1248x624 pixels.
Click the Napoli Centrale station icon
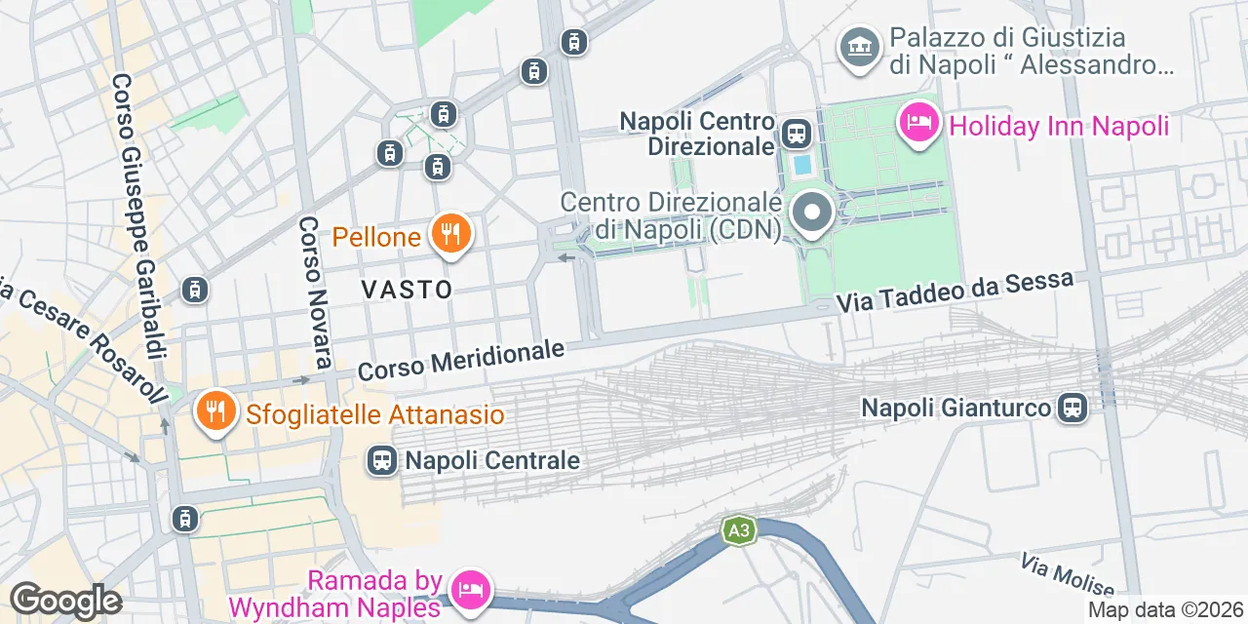381,460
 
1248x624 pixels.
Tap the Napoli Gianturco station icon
1072,408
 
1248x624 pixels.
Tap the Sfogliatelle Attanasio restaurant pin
212,411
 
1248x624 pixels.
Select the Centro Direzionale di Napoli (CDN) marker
811,214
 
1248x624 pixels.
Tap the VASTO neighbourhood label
407,290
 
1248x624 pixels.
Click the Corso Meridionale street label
461,361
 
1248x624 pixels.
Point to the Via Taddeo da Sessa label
955,291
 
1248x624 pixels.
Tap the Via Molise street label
1068,575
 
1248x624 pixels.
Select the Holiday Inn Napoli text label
1058,126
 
